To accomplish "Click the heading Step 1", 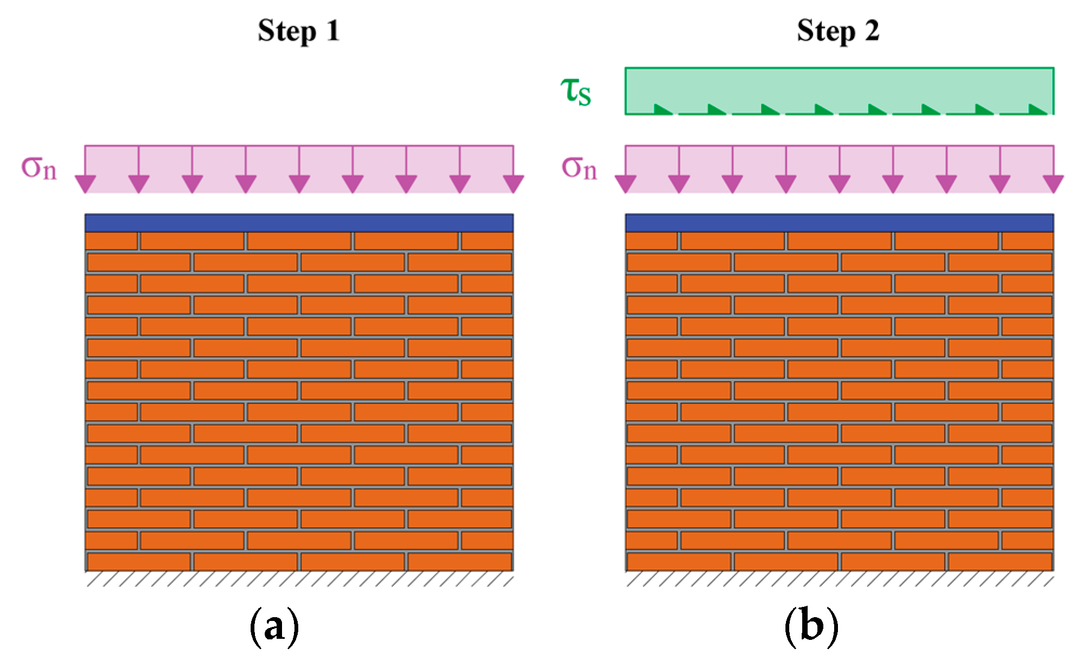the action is tap(299, 31).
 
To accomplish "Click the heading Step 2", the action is tap(838, 31).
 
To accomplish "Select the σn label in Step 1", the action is tap(39, 168).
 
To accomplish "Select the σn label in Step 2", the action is tap(579, 168).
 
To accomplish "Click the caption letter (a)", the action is tap(274, 626).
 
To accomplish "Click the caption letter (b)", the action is tap(811, 626).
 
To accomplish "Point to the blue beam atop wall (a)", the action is tap(299, 223).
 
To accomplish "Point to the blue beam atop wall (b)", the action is tap(840, 223).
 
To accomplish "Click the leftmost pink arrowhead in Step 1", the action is tap(85, 184).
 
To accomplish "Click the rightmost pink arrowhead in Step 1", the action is tap(513, 184).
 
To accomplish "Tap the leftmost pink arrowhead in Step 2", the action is tap(626, 184).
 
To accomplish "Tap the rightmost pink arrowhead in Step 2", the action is tap(1053, 184).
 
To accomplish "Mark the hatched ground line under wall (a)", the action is tap(299, 579).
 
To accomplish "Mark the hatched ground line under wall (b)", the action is tap(840, 579).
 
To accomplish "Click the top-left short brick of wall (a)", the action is tap(112, 241).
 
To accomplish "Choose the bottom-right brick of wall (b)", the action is tap(1000, 561).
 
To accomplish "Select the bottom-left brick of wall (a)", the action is tap(139, 561).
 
